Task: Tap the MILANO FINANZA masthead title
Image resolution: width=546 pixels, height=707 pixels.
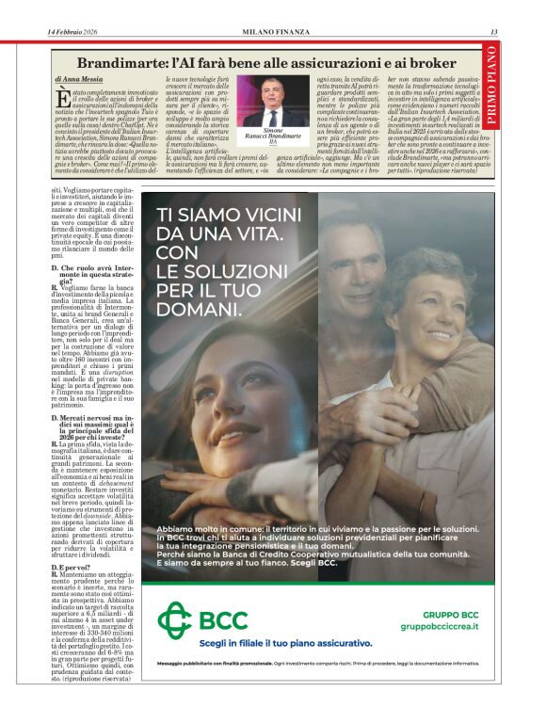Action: coord(271,33)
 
